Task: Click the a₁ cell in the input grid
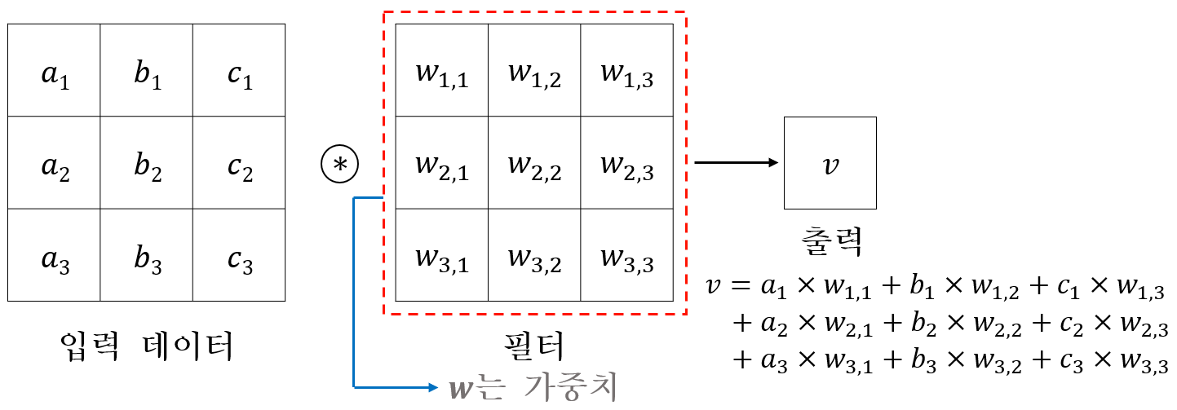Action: click(54, 71)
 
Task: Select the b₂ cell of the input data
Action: click(147, 163)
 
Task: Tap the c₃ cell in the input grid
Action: click(239, 255)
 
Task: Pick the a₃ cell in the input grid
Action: click(54, 255)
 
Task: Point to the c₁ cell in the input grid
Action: click(239, 71)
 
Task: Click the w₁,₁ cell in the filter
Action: click(442, 71)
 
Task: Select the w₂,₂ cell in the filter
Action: click(534, 163)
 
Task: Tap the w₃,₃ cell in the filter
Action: click(626, 255)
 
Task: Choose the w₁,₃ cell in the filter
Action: click(626, 71)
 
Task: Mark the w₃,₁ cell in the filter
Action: click(442, 255)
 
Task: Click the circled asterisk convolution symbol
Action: click(340, 163)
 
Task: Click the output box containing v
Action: click(830, 163)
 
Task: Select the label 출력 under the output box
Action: click(830, 241)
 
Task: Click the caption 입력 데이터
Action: click(147, 346)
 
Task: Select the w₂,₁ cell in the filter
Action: click(442, 163)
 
